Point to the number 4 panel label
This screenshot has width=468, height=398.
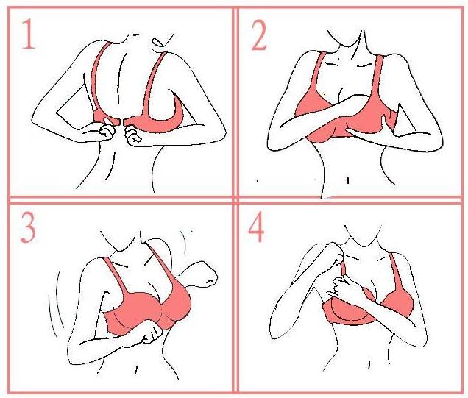(256, 227)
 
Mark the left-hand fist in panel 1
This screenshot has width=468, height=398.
(106, 131)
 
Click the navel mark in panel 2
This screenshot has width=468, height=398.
(348, 180)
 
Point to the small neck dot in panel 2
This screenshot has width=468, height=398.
(338, 58)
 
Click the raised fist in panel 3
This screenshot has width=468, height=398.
(207, 275)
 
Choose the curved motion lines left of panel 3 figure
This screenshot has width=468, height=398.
(56, 305)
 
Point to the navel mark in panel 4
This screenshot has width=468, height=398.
(369, 364)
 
